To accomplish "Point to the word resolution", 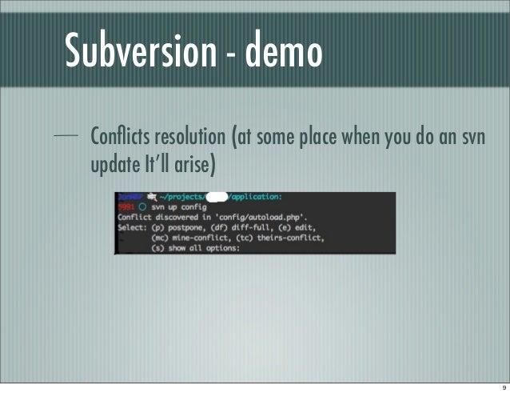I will tap(193, 134).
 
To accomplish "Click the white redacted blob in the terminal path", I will tap(216, 197).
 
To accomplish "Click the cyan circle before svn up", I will tap(142, 207).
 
